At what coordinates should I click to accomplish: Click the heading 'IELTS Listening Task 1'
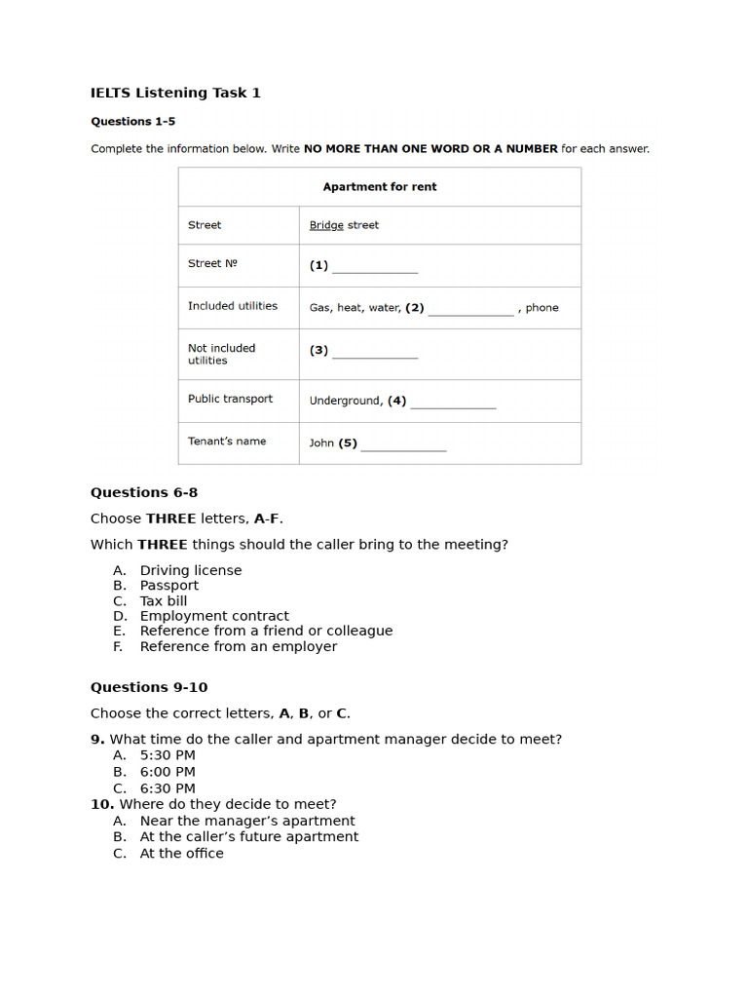(175, 94)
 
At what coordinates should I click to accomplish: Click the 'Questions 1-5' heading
(132, 122)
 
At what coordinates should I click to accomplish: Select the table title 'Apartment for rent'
(379, 187)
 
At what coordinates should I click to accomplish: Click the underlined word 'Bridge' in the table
(326, 225)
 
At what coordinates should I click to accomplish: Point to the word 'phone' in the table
(542, 308)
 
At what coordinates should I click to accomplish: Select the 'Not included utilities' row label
(221, 354)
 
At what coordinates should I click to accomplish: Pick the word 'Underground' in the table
(345, 401)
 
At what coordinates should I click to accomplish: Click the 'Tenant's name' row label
(226, 441)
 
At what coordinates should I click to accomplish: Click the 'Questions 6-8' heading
(144, 492)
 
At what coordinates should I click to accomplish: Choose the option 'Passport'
(168, 586)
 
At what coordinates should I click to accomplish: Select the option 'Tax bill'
(163, 601)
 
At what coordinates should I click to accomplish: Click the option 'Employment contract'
(214, 616)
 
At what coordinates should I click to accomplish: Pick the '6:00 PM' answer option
(168, 772)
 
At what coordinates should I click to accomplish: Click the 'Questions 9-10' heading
(149, 687)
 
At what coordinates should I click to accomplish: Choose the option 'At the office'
(181, 853)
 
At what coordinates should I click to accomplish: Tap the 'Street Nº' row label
(212, 264)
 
